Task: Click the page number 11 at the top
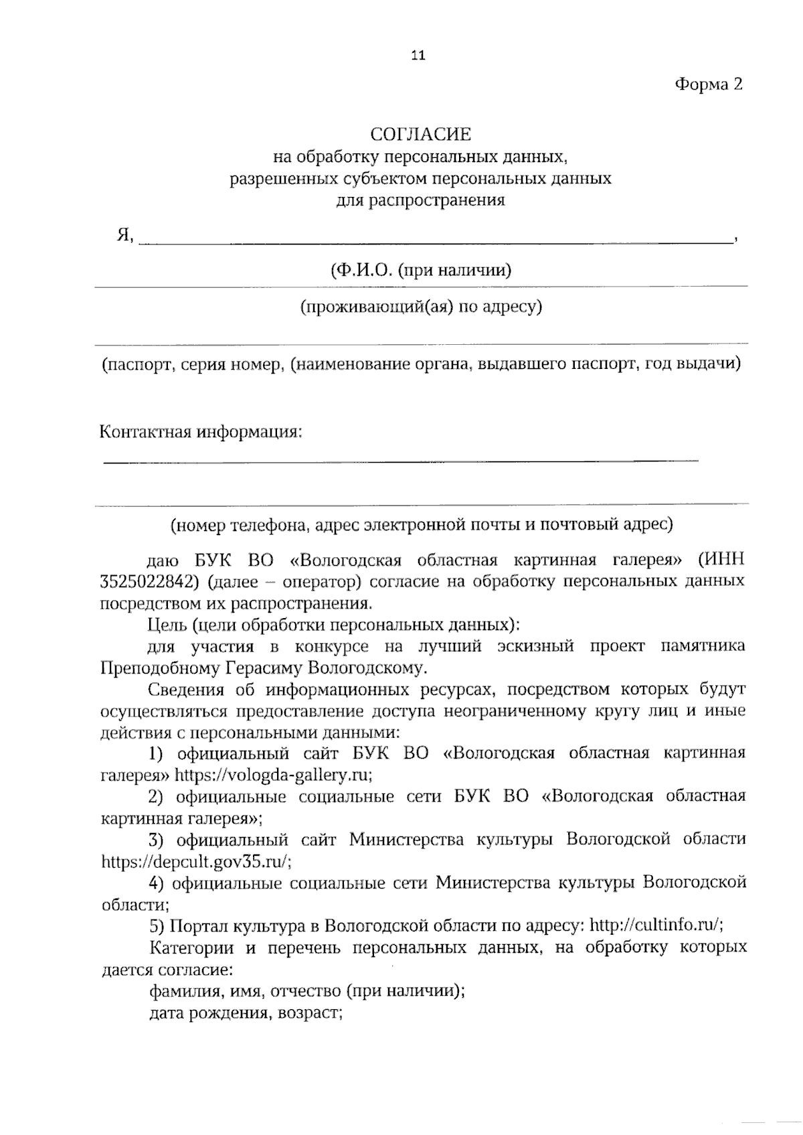tap(418, 56)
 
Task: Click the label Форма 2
tap(709, 84)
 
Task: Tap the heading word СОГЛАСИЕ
tap(421, 135)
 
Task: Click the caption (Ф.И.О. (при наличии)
tap(421, 271)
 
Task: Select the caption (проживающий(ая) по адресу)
tap(421, 307)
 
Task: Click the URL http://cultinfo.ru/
tap(657, 925)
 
